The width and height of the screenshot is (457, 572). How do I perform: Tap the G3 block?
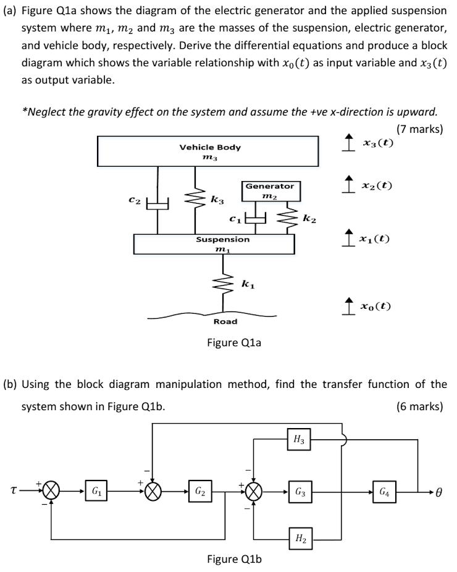pos(300,492)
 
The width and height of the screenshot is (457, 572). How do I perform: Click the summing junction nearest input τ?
pos(52,492)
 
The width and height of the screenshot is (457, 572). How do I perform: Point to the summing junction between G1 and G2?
pos(154,492)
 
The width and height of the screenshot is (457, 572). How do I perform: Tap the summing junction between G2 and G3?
pos(253,492)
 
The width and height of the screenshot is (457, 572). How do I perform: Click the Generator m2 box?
pos(270,190)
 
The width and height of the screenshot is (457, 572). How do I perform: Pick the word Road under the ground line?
pos(225,321)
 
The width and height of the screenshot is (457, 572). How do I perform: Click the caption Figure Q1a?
pos(233,342)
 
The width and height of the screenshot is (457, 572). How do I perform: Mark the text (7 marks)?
pos(419,129)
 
